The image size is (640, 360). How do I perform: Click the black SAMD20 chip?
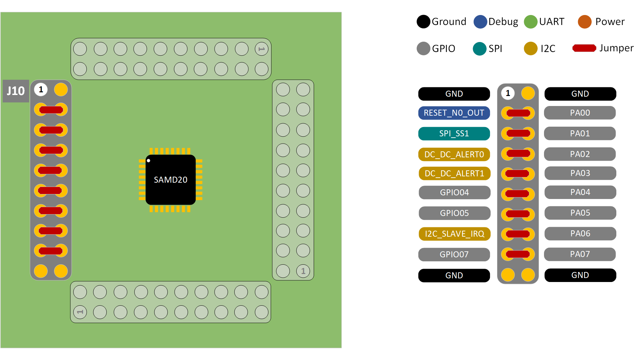170,180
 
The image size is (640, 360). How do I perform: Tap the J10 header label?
16,91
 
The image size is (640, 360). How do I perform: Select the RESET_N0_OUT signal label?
454,113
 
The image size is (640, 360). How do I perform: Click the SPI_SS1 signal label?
454,134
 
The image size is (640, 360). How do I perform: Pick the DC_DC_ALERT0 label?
454,154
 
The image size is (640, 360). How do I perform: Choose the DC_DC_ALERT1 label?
454,173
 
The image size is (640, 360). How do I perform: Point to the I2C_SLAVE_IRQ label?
454,234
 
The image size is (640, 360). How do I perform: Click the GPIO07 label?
454,254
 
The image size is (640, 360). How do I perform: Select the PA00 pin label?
580,113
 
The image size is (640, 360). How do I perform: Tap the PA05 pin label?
580,213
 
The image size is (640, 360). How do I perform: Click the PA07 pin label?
580,254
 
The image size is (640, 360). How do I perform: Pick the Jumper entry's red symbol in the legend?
584,48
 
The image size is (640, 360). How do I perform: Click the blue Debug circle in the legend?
480,22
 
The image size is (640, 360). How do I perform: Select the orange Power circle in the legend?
584,22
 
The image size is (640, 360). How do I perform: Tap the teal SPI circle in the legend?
479,49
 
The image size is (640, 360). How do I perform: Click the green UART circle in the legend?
530,22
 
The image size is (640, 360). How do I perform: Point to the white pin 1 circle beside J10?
41,90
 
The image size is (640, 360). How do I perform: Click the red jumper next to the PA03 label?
517,174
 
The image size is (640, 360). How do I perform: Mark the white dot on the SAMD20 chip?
149,161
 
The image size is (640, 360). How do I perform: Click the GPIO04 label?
454,192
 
